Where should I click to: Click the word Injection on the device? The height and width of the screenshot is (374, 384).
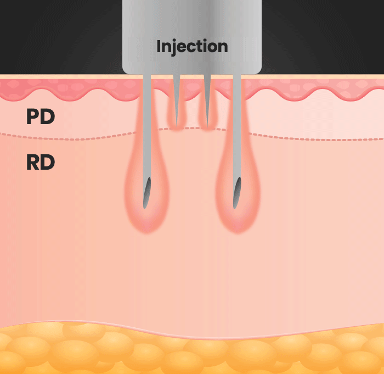tap(192, 46)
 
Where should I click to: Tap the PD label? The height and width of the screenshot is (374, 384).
tap(40, 116)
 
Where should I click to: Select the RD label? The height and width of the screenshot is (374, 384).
tap(40, 162)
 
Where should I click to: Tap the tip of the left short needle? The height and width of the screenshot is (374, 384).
tap(177, 125)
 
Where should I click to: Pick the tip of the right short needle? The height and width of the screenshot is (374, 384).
tap(207, 125)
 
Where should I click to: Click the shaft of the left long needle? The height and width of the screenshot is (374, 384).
tap(147, 126)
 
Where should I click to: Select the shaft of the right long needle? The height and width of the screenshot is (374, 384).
tap(237, 126)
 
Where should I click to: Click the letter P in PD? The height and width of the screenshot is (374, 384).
tap(33, 116)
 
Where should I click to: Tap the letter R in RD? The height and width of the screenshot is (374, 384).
tap(33, 162)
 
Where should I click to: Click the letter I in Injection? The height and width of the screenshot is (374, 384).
tap(159, 46)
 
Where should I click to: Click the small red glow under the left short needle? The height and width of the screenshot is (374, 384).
tap(177, 129)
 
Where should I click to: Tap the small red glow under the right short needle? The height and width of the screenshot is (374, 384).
tap(207, 129)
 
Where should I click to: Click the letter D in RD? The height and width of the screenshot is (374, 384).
tap(48, 162)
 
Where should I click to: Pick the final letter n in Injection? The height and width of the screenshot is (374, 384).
tap(223, 47)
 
